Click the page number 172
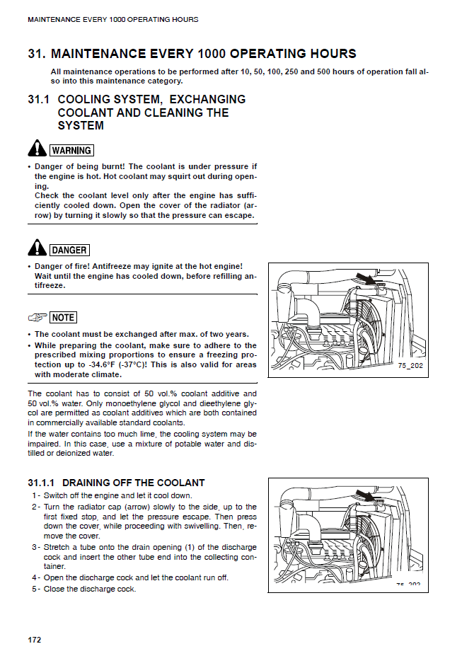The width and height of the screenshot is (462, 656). [35, 640]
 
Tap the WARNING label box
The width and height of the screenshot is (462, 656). [71, 150]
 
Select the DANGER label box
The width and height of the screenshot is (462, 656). [69, 250]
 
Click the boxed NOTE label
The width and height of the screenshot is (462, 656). [64, 318]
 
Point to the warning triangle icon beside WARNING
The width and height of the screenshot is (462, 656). [37, 149]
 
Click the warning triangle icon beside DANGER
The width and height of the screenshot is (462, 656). [37, 248]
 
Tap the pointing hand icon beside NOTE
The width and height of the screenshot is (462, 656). [37, 318]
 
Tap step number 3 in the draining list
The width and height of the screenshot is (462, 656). [35, 548]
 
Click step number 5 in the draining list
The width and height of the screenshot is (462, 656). [35, 589]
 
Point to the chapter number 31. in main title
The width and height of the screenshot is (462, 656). [37, 54]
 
